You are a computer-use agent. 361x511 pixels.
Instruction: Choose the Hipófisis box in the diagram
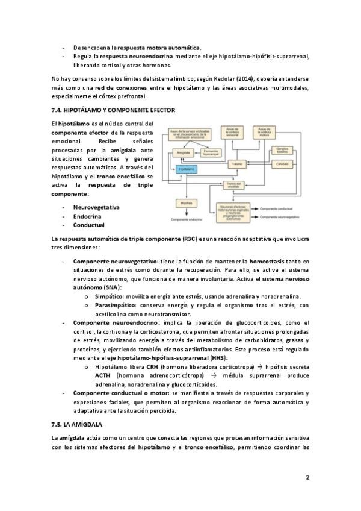pos(186,204)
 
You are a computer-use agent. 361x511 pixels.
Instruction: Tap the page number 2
pos(307,478)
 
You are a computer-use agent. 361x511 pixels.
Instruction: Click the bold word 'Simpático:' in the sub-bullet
pos(110,296)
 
